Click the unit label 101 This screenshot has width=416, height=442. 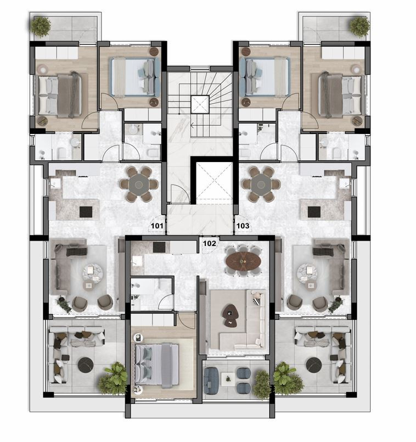pyautogui.click(x=157, y=225)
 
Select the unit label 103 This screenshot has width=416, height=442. pyautogui.click(x=242, y=225)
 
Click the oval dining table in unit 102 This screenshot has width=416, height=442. pyautogui.click(x=244, y=260)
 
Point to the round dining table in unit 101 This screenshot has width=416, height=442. pyautogui.click(x=139, y=183)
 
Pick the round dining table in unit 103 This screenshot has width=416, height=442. pyautogui.click(x=258, y=183)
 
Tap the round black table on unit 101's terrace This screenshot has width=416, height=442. pyautogui.click(x=86, y=365)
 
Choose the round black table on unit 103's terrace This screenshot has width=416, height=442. pyautogui.click(x=313, y=365)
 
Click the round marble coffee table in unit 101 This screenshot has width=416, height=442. pyautogui.click(x=92, y=271)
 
